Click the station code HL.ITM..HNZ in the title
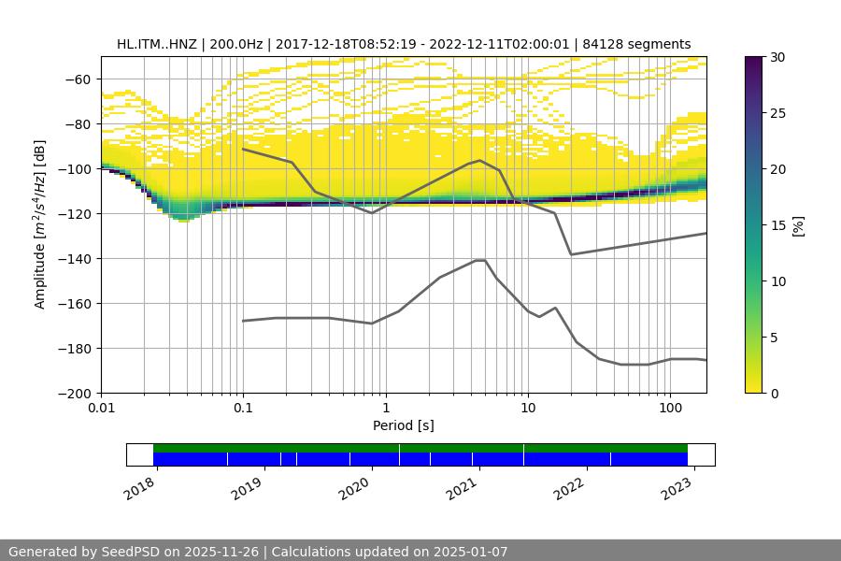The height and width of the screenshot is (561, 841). tap(156, 44)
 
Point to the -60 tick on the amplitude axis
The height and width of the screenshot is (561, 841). tap(78, 79)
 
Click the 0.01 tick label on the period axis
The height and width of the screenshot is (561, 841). tap(101, 409)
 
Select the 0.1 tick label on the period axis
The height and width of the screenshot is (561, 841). tap(243, 409)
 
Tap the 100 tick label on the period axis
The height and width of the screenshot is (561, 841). tap(670, 409)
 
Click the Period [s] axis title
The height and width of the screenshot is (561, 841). tap(404, 425)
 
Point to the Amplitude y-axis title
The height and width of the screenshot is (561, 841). tap(40, 224)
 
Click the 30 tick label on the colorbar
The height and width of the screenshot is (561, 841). tap(777, 57)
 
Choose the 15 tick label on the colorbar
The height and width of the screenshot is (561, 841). tap(777, 225)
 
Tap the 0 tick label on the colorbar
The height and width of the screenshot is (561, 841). tap(775, 394)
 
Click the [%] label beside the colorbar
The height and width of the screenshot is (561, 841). tap(797, 225)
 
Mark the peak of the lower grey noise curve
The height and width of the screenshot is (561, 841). tap(480, 260)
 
